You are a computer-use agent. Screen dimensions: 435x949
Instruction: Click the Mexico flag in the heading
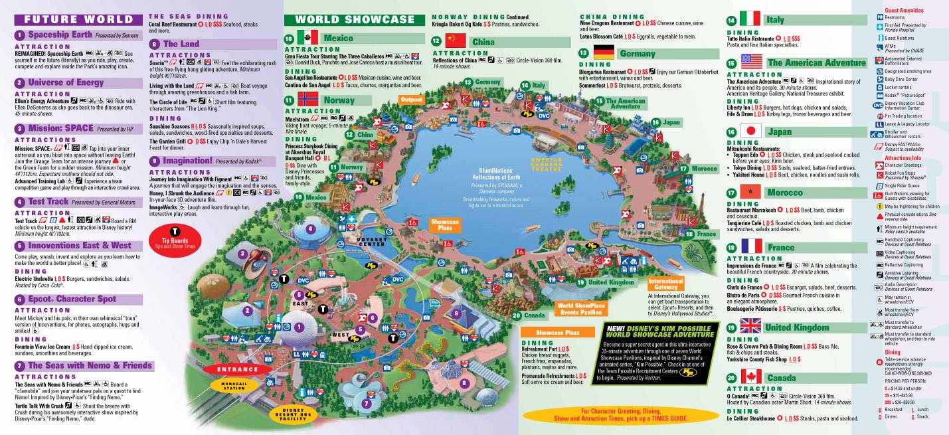(x=308, y=37)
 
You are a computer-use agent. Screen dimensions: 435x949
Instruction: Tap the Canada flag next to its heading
(x=750, y=377)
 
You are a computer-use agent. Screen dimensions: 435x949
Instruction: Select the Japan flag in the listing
(x=750, y=131)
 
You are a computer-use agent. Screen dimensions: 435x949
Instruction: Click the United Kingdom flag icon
(x=750, y=326)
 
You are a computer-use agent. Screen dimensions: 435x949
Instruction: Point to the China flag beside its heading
(x=456, y=41)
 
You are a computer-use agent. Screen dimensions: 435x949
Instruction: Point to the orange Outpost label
(x=411, y=99)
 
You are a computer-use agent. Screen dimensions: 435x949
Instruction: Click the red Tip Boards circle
(x=167, y=240)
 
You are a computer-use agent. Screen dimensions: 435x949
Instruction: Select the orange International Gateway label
(x=666, y=284)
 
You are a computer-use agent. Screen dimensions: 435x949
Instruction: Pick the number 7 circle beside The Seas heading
(x=21, y=365)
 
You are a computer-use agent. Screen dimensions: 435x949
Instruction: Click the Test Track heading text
(x=45, y=201)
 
